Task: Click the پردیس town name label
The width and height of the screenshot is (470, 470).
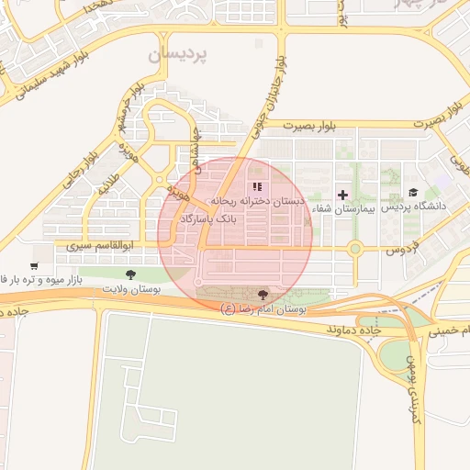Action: click(178, 55)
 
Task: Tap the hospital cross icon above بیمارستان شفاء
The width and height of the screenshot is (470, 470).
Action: click(342, 195)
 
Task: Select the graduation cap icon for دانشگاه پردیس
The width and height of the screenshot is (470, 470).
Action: click(413, 193)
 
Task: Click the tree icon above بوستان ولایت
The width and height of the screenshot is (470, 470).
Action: click(129, 274)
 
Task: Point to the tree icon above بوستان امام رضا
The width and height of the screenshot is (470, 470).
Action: click(264, 295)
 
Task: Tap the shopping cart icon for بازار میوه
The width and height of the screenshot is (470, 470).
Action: click(34, 265)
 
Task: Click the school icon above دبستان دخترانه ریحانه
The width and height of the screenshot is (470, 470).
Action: click(255, 187)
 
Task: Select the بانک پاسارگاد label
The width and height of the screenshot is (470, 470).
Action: click(209, 220)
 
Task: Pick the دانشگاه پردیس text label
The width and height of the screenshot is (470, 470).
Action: click(414, 207)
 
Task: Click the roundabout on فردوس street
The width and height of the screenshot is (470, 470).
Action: click(354, 249)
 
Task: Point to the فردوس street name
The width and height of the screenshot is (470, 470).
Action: click(400, 249)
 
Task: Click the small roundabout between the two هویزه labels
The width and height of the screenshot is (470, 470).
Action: click(160, 179)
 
